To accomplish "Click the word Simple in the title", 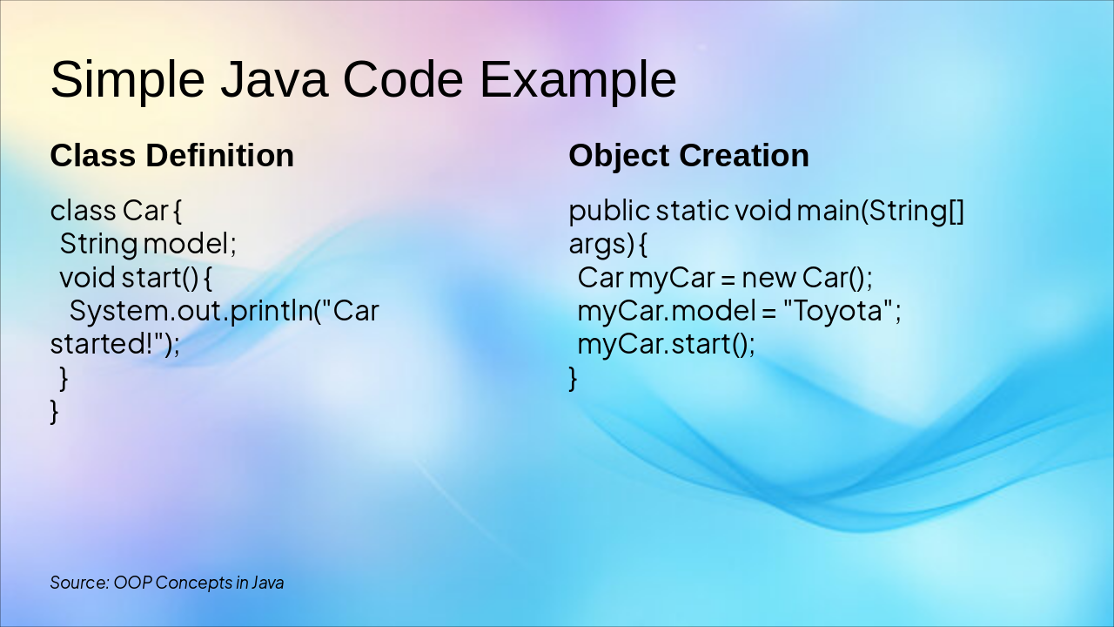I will (127, 80).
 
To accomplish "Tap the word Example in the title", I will (577, 80).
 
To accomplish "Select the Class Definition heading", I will (171, 156).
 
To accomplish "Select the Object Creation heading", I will (688, 156).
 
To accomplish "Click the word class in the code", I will (83, 211).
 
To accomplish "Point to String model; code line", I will (148, 244).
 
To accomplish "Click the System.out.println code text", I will (191, 311).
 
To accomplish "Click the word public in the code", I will (608, 211).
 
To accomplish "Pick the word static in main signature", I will (692, 211).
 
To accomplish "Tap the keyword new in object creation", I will (768, 278).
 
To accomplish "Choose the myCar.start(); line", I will (666, 344).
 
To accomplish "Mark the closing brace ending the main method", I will (573, 379).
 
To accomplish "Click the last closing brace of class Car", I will (54, 411).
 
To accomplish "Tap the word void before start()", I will (87, 278).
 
